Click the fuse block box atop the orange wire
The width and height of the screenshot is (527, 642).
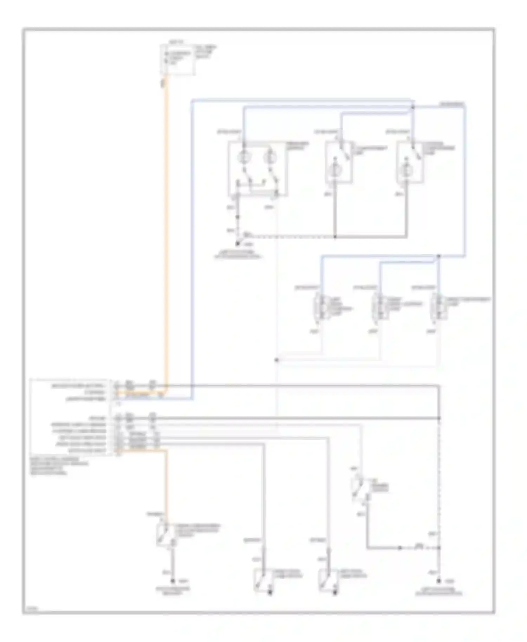pyautogui.click(x=178, y=60)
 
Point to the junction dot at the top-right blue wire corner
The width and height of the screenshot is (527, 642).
pyautogui.click(x=413, y=106)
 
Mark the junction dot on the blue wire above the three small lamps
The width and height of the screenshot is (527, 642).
pyautogui.click(x=438, y=257)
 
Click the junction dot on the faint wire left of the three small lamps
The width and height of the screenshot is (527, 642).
pyautogui.click(x=276, y=360)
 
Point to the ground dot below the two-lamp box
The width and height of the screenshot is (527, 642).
pyautogui.click(x=238, y=243)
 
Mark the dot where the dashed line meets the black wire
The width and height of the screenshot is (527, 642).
pyautogui.click(x=439, y=418)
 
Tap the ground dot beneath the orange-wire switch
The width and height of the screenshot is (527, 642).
pyautogui.click(x=173, y=582)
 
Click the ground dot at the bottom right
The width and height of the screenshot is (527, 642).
pyautogui.click(x=439, y=582)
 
